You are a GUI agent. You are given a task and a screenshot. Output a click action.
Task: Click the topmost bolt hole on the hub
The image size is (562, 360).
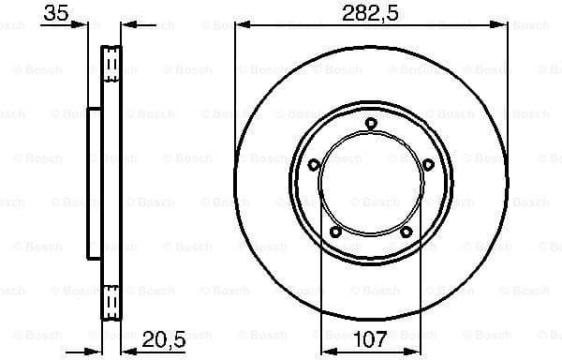tap(370, 123)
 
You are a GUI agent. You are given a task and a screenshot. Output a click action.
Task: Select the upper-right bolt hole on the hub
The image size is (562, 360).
tap(428, 165)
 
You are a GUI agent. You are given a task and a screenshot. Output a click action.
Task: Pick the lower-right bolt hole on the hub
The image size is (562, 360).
tap(406, 233)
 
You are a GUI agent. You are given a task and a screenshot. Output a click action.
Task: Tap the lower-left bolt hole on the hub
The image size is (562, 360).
tap(334, 233)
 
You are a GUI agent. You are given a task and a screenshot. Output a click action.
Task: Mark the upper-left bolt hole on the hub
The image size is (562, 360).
tap(313, 165)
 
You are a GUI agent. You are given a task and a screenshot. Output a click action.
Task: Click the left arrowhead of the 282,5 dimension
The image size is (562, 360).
tap(240, 25)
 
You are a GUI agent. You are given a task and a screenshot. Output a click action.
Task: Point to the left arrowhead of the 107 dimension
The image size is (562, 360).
tap(327, 346)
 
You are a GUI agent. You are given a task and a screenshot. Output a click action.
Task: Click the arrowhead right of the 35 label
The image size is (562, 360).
tap(95, 25)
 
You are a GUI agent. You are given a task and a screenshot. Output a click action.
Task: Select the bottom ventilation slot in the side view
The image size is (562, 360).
tap(111, 299)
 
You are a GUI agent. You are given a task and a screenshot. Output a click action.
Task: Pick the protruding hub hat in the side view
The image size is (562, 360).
tap(94, 182)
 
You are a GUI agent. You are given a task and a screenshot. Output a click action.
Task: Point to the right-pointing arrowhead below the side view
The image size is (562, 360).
tap(96, 346)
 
